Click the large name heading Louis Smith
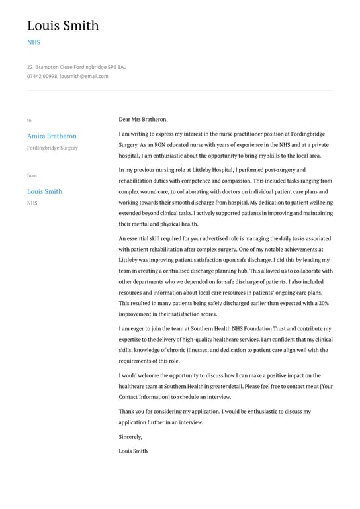click(63, 26)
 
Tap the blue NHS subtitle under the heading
click(34, 42)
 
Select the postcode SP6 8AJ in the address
click(116, 67)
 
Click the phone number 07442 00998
click(42, 76)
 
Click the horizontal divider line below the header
click(180, 91)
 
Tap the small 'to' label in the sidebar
click(29, 120)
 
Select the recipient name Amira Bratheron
click(52, 136)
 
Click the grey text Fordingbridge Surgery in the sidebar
click(52, 148)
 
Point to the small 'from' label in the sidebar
click(32, 175)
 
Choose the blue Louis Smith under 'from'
click(44, 191)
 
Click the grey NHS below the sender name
click(32, 203)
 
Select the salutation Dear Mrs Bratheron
click(143, 120)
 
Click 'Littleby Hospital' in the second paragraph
click(210, 169)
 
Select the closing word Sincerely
click(130, 437)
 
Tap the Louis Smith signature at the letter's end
click(133, 451)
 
